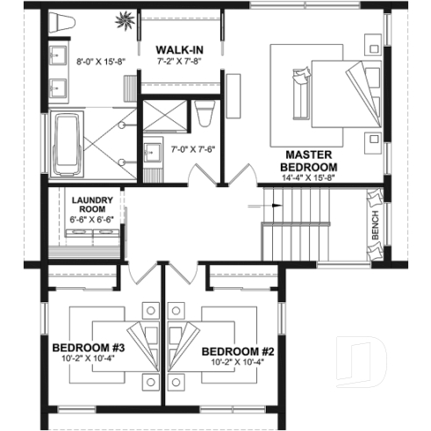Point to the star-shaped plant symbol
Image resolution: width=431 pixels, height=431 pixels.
point(123,18)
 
